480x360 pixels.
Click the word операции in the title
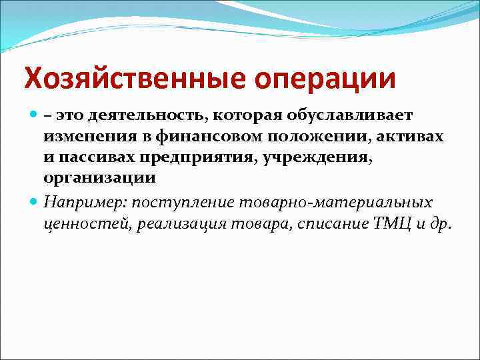[325, 79]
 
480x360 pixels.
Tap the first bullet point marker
[33, 116]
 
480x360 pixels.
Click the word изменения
[85, 137]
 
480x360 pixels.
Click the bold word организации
[99, 179]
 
